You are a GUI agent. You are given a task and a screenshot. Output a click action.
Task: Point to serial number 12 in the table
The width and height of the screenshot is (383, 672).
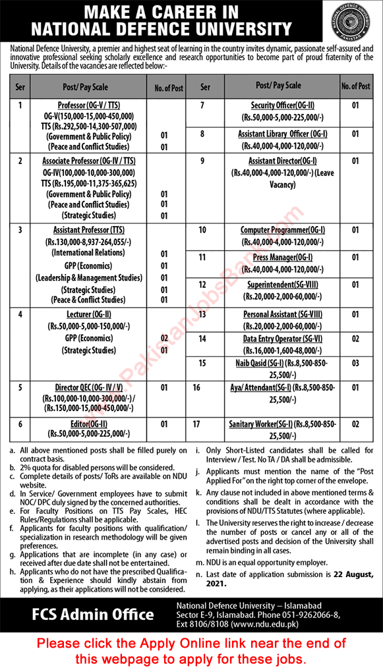[x=202, y=285]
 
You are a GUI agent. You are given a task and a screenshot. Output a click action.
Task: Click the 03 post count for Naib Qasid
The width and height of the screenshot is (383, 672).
[x=355, y=363]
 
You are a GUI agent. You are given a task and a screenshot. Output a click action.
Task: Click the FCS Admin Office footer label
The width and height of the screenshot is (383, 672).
[x=94, y=615]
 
